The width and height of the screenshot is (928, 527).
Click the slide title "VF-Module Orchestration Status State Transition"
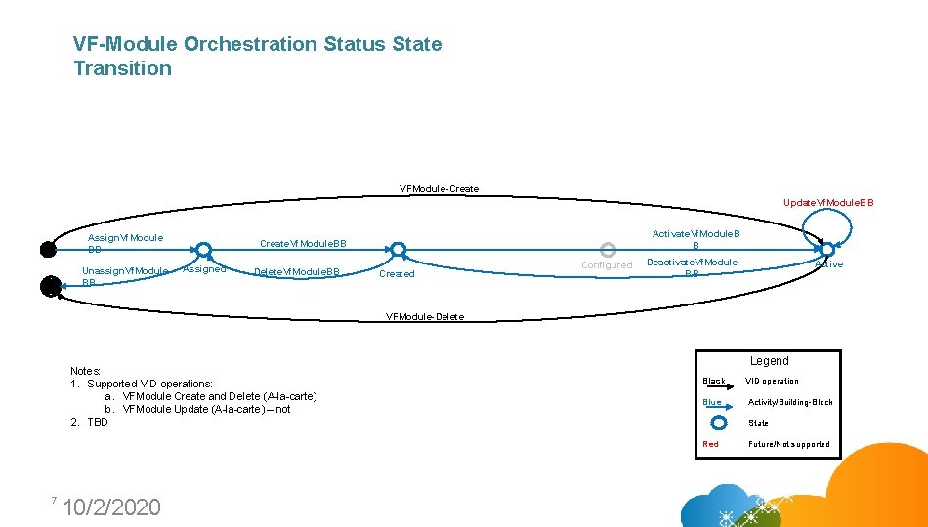(257, 56)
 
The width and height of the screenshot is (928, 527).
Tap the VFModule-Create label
(439, 188)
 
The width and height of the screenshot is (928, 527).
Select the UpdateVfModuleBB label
(828, 203)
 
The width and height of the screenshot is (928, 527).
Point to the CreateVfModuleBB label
(303, 243)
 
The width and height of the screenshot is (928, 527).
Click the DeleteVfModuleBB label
(296, 272)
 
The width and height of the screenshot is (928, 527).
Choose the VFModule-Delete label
(425, 317)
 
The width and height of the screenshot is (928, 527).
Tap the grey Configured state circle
(607, 249)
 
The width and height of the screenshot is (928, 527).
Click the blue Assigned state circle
(202, 250)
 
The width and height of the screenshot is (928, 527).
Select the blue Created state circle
(395, 250)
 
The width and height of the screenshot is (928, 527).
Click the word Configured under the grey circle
(607, 265)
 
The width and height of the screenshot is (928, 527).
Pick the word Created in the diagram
(397, 274)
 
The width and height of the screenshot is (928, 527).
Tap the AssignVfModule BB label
(125, 243)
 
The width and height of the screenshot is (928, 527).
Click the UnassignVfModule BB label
(124, 276)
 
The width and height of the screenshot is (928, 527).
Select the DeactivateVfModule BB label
(693, 267)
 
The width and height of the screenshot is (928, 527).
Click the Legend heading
(769, 361)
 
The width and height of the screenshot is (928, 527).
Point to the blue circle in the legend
(719, 423)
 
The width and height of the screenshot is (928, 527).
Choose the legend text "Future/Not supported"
(789, 444)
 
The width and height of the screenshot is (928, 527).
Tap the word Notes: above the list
(86, 371)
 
